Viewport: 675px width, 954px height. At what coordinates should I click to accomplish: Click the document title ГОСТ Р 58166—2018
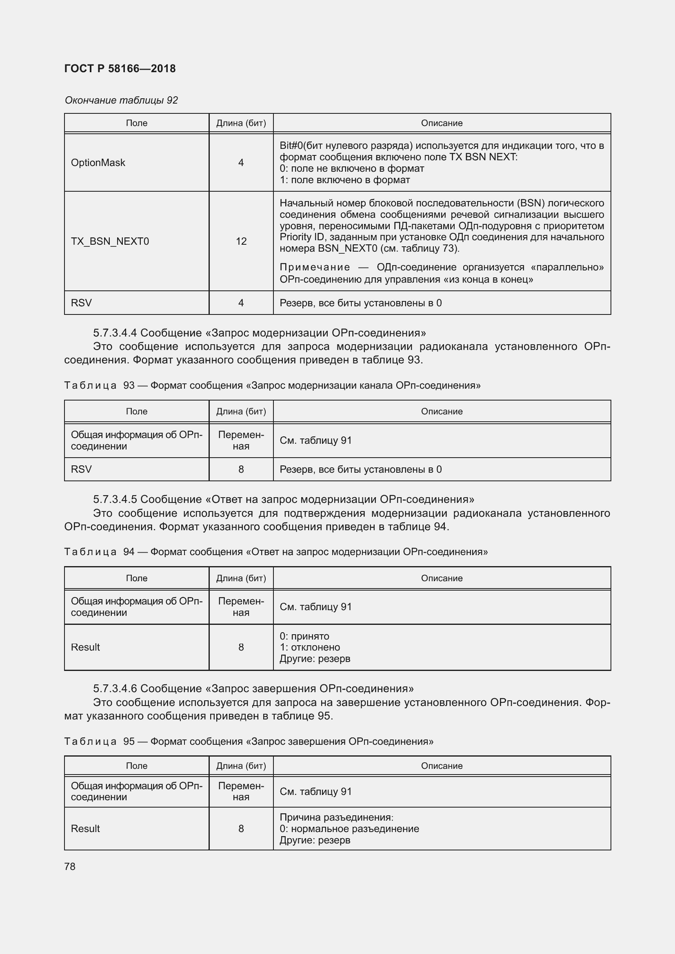point(120,69)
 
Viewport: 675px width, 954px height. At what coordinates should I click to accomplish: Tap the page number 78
point(70,866)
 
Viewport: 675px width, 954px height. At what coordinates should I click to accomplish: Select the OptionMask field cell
point(98,162)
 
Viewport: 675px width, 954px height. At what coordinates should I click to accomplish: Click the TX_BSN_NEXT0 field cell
point(110,241)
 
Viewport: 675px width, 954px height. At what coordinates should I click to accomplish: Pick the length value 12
point(241,241)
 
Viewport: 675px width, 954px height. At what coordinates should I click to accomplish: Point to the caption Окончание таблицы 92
point(121,100)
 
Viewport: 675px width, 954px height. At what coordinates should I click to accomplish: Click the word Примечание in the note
point(315,267)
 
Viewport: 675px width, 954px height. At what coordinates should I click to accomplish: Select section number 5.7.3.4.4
point(115,333)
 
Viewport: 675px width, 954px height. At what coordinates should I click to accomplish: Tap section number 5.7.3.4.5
point(115,499)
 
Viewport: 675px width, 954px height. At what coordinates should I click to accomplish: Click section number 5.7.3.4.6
point(115,688)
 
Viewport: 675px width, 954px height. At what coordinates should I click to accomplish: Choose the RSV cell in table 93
point(82,469)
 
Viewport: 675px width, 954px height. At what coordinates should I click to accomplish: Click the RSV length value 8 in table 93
point(241,469)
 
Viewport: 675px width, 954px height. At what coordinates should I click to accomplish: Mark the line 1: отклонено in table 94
point(310,647)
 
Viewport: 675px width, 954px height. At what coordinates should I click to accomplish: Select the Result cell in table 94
point(86,647)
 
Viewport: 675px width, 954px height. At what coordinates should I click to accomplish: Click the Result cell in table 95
point(86,828)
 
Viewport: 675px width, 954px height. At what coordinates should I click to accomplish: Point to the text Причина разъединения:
point(336,817)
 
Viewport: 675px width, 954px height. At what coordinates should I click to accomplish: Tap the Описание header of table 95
point(442,766)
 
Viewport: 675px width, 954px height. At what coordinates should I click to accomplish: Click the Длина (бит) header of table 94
point(241,578)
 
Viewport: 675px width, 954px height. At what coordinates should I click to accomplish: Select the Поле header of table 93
point(136,412)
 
